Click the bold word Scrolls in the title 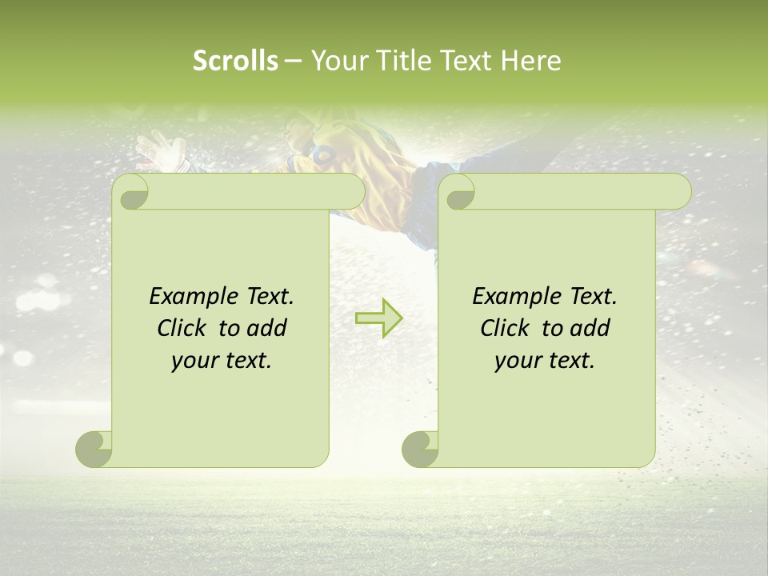[x=235, y=61]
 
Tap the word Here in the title [x=531, y=61]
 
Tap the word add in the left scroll [x=267, y=328]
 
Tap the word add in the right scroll [x=590, y=328]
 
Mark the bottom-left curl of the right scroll [x=420, y=449]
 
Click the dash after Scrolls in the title [x=293, y=62]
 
